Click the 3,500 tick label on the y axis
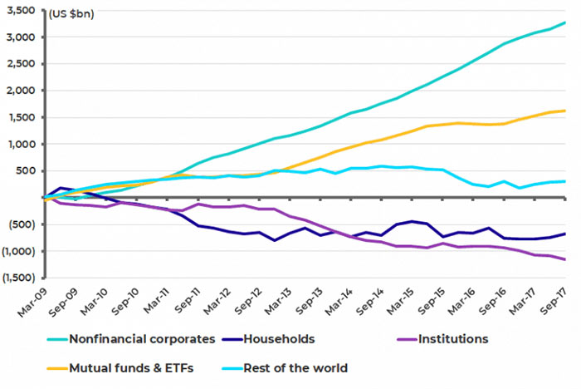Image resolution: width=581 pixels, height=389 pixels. point(21,10)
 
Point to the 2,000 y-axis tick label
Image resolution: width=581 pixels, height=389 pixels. point(21,91)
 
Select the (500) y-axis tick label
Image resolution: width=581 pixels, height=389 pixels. point(22,224)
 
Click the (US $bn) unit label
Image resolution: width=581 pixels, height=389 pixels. point(71,14)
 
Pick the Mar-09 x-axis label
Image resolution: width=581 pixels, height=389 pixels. point(32,303)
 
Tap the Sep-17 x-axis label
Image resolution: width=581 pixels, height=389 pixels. point(554,302)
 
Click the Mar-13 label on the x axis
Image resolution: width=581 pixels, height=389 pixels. point(278,302)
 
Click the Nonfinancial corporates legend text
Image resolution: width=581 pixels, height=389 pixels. point(142,339)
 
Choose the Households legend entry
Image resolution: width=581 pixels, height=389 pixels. point(279,339)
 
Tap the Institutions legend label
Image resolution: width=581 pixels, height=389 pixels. point(453,339)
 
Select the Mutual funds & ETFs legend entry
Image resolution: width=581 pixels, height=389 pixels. point(131,368)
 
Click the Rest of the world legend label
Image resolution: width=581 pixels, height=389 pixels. point(295,368)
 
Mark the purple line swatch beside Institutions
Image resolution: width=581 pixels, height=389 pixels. point(407,339)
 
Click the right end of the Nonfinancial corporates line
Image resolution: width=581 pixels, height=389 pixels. point(565,22)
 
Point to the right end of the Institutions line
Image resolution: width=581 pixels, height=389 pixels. point(565,259)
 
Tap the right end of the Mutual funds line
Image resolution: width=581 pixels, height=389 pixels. point(565,111)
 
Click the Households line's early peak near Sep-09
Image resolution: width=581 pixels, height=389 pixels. point(61,188)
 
